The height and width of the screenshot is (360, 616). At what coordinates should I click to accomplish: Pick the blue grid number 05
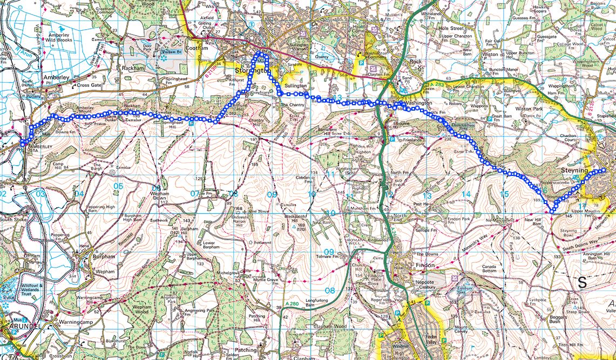click(x=118, y=186)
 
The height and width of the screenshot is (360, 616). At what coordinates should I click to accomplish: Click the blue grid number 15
click(x=504, y=194)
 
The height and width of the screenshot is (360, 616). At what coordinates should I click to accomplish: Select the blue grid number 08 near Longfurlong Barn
click(x=329, y=291)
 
